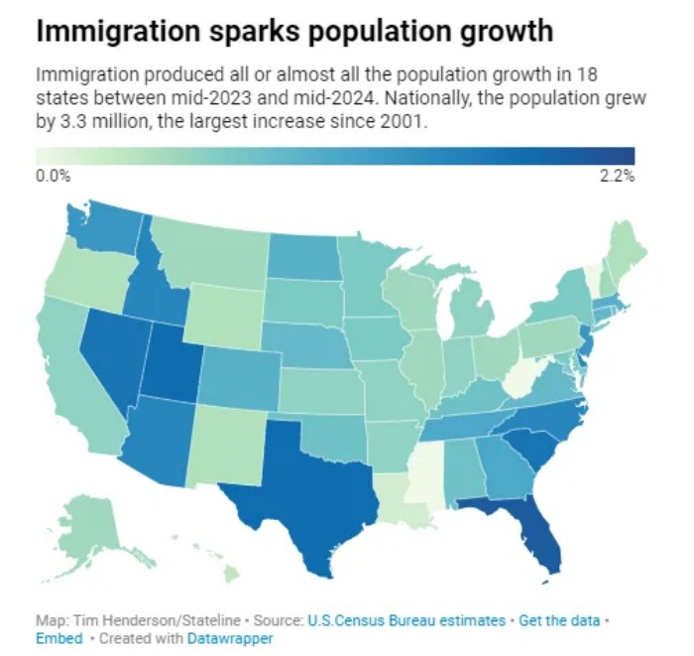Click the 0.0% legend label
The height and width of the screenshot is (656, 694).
(53, 177)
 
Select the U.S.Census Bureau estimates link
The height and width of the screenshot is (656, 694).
(407, 620)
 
